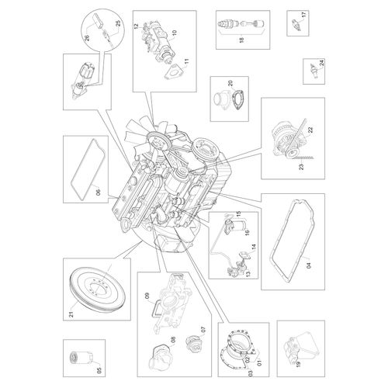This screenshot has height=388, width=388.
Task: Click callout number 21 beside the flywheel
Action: (71, 314)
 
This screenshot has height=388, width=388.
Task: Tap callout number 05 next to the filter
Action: (99, 370)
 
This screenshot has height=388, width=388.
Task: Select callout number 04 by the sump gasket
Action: (309, 265)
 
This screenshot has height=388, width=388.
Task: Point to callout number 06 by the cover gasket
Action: (98, 192)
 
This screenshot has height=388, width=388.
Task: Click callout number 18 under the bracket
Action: (241, 40)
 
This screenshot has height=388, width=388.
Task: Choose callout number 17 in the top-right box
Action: (304, 14)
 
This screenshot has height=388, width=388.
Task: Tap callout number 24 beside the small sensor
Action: (321, 63)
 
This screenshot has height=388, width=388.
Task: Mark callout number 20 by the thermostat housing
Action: (230, 83)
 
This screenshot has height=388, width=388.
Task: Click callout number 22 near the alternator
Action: (310, 130)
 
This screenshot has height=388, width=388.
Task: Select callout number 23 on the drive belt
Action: (301, 166)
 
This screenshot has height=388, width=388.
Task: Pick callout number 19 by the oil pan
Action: (298, 364)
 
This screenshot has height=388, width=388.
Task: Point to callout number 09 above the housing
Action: (147, 296)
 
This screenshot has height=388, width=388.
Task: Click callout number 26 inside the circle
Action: (87, 38)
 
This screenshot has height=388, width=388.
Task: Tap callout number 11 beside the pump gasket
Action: (187, 62)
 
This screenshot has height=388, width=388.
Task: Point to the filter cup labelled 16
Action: (238, 225)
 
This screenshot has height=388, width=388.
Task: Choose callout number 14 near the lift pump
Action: (254, 248)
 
